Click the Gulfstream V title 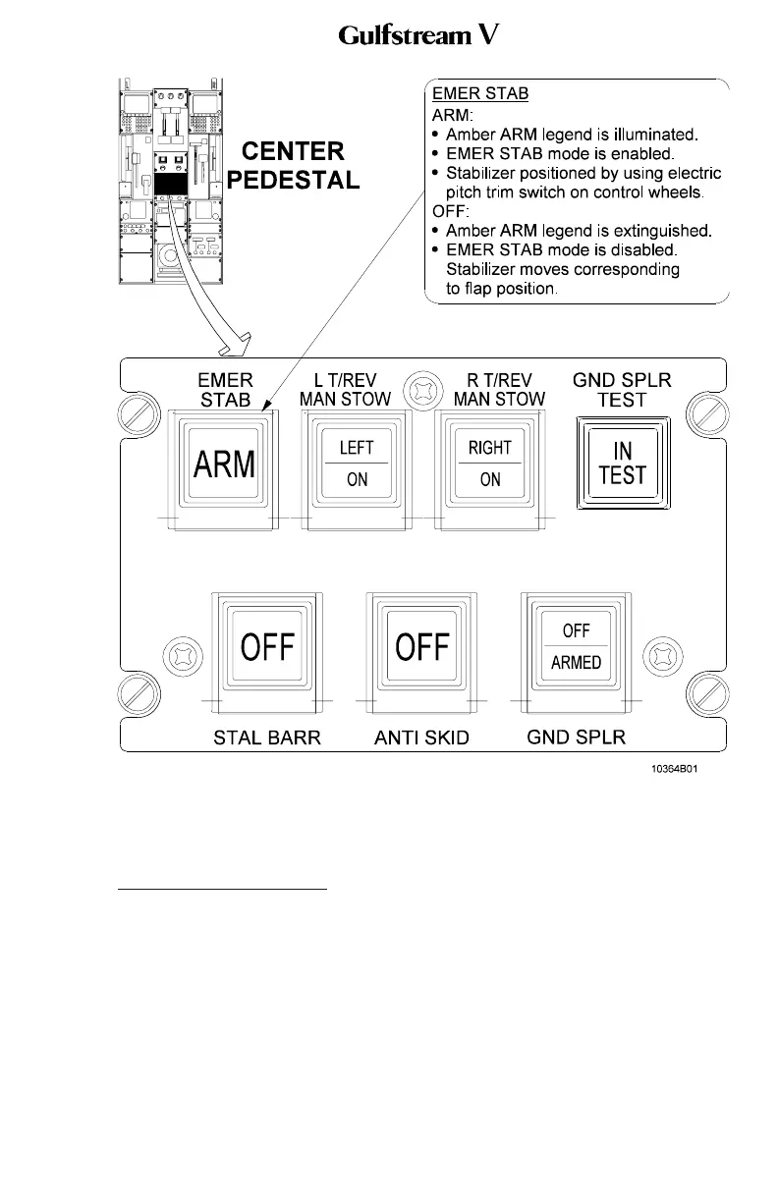coord(420,36)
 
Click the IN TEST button coord(622,464)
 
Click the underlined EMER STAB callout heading coord(480,94)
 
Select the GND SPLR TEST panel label coord(622,390)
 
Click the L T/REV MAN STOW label coord(345,390)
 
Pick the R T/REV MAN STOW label coord(498,390)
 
